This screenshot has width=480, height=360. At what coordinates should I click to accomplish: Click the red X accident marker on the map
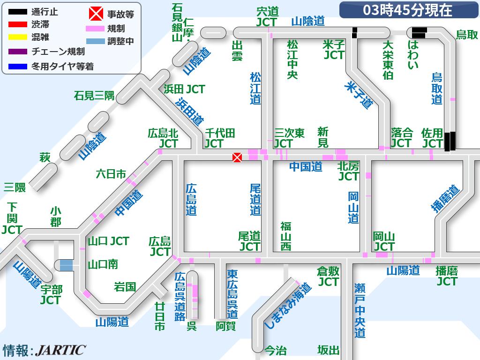(237, 157)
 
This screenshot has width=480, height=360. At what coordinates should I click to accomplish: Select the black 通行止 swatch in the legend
(18, 12)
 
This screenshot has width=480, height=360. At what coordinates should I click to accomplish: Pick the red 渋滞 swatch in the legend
(18, 24)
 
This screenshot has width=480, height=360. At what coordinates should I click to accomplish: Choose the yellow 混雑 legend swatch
(18, 37)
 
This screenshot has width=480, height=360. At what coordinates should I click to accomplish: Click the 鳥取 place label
(467, 35)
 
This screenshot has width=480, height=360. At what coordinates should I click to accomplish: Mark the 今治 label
(275, 350)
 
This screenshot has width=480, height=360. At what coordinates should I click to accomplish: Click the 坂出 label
(328, 350)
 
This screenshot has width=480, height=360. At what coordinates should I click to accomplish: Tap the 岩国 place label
(125, 286)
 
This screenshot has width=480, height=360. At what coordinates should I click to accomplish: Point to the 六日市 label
(111, 174)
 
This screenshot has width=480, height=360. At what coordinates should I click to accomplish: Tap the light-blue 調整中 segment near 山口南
(66, 265)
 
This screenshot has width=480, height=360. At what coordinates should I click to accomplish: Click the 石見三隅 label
(94, 96)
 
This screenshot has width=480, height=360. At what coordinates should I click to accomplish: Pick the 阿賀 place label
(225, 326)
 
